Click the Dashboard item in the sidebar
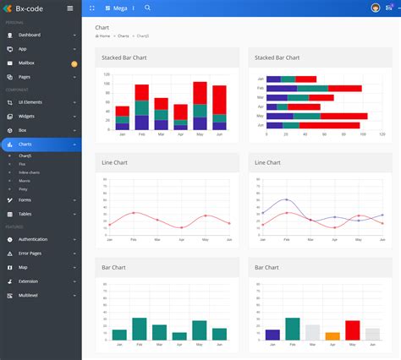pyautogui.click(x=30, y=35)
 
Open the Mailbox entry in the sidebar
pyautogui.click(x=27, y=63)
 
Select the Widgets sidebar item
pyautogui.click(x=27, y=116)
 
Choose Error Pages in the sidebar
pyautogui.click(x=30, y=253)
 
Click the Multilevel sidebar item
pyautogui.click(x=29, y=295)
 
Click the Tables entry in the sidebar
pyautogui.click(x=25, y=214)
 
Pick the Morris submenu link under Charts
pyautogui.click(x=25, y=181)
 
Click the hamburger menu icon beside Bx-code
pyautogui.click(x=70, y=8)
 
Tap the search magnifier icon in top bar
pyautogui.click(x=148, y=8)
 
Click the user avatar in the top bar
pyautogui.click(x=375, y=8)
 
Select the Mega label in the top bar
pyautogui.click(x=120, y=8)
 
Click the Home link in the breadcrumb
pyautogui.click(x=104, y=36)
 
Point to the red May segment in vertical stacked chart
pyautogui.click(x=200, y=93)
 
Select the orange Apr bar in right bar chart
pyautogui.click(x=332, y=335)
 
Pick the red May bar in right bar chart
pyautogui.click(x=353, y=330)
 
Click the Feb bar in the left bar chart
pyautogui.click(x=140, y=329)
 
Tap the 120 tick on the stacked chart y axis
pyautogui.click(x=107, y=74)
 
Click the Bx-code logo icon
pyautogui.click(x=8, y=8)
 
